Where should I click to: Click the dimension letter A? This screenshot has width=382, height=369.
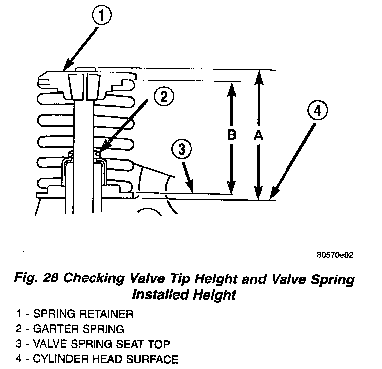tap(258, 135)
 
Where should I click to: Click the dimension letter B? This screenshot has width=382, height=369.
tap(231, 135)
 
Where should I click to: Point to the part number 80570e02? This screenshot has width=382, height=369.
tap(334, 255)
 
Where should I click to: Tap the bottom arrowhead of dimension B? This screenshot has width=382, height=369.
tap(231, 192)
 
